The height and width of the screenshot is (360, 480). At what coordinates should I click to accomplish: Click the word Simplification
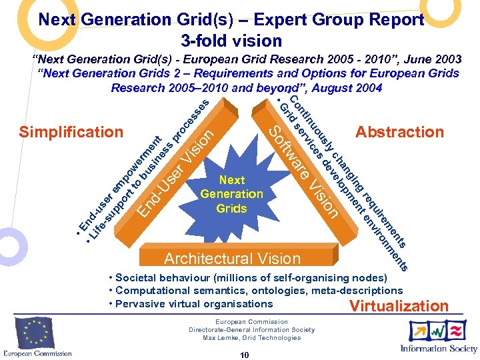click(71, 132)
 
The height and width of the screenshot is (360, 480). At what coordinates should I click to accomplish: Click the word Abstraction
click(399, 132)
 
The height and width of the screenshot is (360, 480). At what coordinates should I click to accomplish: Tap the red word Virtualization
click(399, 307)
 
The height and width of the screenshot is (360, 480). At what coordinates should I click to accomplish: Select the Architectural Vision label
click(233, 259)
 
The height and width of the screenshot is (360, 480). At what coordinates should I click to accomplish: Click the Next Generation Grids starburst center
click(231, 194)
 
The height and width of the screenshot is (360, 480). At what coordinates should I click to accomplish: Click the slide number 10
click(245, 355)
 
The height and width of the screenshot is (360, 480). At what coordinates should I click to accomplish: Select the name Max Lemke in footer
click(220, 338)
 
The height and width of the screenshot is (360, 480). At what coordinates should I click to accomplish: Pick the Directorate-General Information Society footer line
click(251, 330)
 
